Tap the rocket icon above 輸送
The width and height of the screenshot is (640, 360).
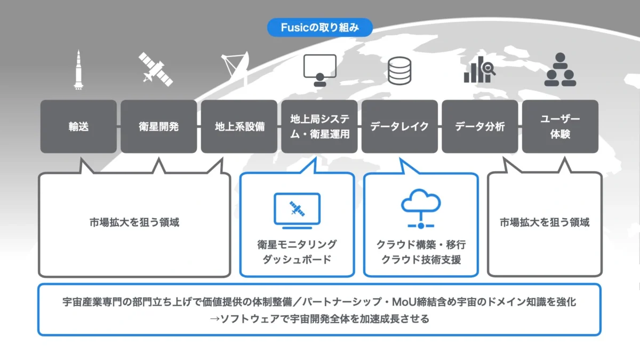coord(78,69)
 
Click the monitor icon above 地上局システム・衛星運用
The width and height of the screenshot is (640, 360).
coord(319,70)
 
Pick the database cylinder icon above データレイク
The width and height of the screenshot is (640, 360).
coord(399,70)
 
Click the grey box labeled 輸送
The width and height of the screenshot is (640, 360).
coord(78,127)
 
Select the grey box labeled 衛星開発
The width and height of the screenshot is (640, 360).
coord(158,127)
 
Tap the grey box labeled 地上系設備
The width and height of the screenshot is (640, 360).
coord(239,127)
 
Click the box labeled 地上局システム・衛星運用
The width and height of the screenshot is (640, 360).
coord(319,127)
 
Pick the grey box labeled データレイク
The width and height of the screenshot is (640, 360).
coord(399,127)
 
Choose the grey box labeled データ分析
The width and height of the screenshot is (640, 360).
coord(480,127)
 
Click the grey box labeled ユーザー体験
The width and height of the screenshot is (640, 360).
coord(560,127)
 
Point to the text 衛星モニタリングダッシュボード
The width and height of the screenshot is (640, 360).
coord(297,252)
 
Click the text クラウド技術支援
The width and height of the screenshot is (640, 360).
coord(421,260)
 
